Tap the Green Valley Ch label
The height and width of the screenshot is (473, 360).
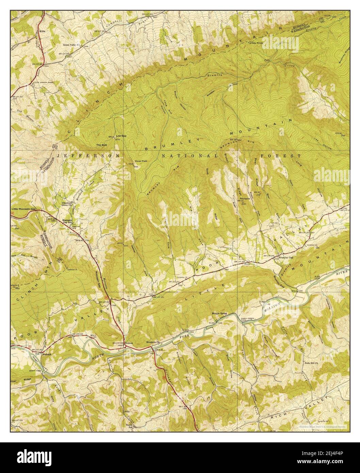coord(71,45)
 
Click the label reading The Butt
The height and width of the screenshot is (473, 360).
coord(102,145)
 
